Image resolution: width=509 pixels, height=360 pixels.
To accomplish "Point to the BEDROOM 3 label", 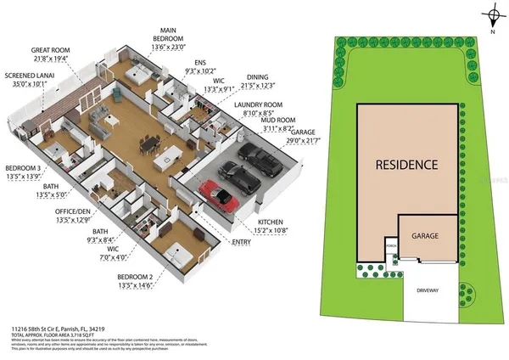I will click(23, 167).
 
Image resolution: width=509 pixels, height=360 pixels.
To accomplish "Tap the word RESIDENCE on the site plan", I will click(408, 164).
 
